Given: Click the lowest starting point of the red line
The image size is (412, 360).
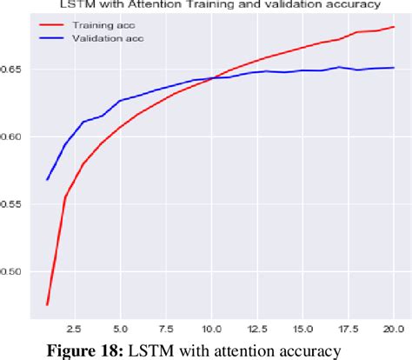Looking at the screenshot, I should click(47, 304).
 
